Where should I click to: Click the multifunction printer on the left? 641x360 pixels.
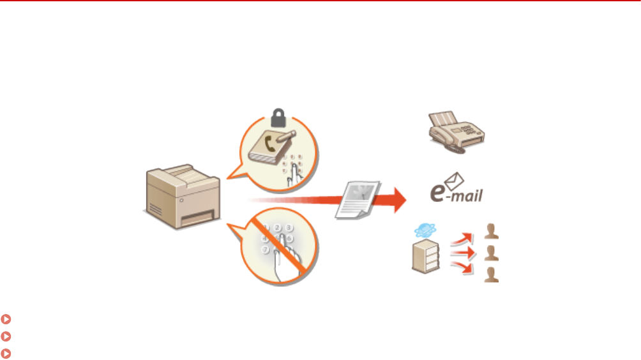coord(182,197)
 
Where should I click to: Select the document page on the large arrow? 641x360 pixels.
coord(358,200)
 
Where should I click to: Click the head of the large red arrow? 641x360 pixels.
coord(398,199)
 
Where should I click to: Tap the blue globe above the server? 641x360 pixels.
coord(423,232)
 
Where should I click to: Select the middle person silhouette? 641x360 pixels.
coord(491,253)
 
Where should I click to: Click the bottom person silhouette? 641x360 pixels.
coord(491,275)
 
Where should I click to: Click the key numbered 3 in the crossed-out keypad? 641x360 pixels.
coord(289,227)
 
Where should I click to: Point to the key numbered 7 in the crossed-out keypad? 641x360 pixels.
coord(264,250)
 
